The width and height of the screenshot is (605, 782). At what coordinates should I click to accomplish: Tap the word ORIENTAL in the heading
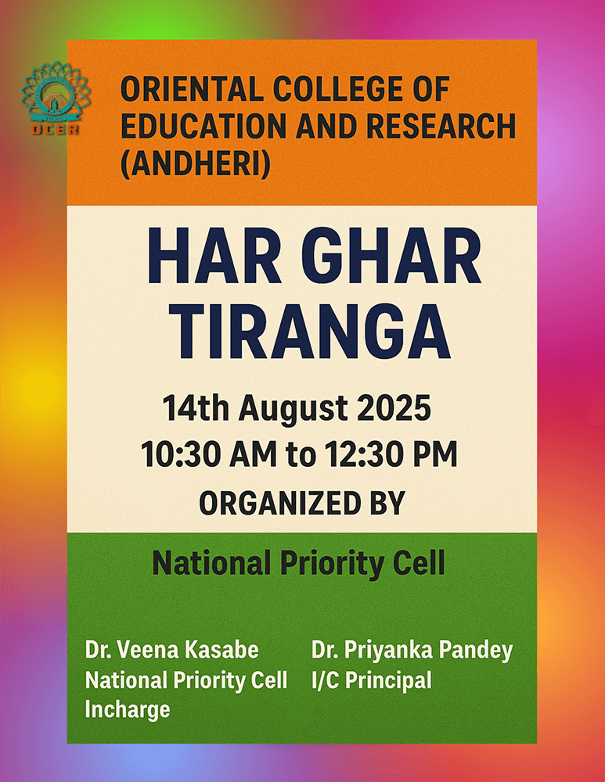tap(192, 89)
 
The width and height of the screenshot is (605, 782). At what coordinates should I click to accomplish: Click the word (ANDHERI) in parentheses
tap(196, 163)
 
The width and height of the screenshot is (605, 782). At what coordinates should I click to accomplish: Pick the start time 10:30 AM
tap(209, 454)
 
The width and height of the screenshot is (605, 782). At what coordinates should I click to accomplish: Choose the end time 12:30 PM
tap(391, 454)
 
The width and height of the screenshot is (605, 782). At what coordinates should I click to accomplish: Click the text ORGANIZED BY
tap(302, 503)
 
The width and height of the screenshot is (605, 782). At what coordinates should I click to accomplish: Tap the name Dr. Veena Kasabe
tap(171, 650)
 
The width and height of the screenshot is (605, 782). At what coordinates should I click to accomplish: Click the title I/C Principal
tap(372, 680)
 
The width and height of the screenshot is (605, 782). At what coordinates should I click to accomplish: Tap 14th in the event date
tap(196, 408)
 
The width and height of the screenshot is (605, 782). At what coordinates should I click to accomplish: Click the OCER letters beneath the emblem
tap(56, 130)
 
